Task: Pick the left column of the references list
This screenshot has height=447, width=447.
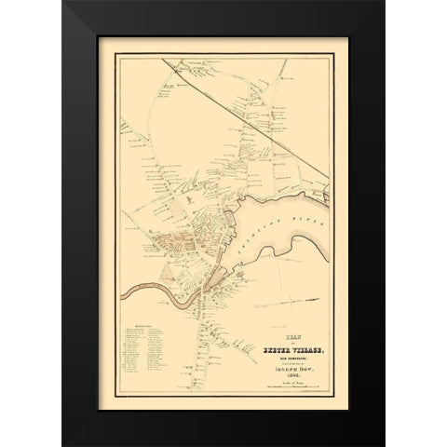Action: [135, 358]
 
